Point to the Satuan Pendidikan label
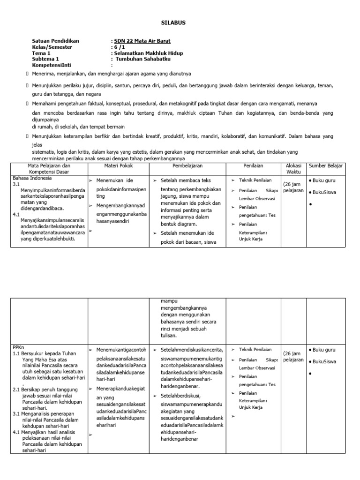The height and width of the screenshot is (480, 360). (x=55, y=41)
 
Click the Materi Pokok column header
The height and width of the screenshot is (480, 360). (x=120, y=166)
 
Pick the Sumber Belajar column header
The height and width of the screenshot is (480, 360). (x=326, y=166)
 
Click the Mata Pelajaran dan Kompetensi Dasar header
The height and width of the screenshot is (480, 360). (x=49, y=169)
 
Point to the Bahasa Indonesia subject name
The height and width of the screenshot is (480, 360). (x=32, y=178)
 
